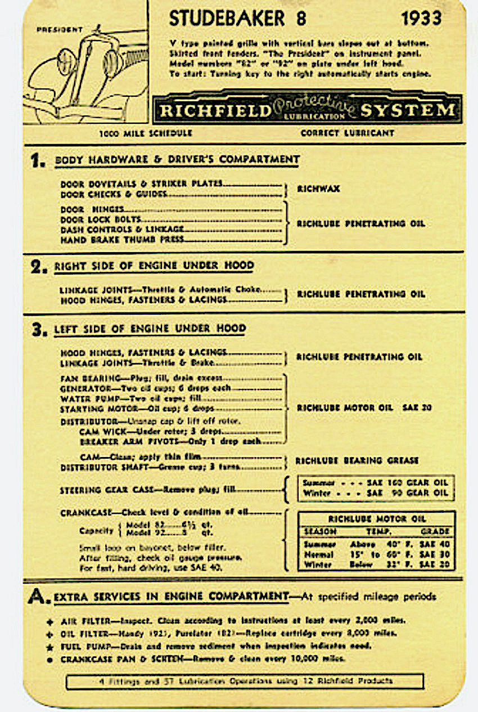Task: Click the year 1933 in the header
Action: click(x=421, y=19)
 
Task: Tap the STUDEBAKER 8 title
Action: click(x=237, y=19)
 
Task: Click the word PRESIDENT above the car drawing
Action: click(x=60, y=30)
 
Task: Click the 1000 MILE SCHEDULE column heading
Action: click(x=146, y=133)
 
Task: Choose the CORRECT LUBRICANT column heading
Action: click(x=347, y=133)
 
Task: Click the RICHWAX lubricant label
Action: click(x=318, y=189)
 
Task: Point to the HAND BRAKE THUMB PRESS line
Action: click(x=122, y=240)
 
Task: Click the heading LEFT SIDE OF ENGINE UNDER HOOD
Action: click(x=150, y=328)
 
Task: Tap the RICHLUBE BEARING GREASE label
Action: click(x=357, y=460)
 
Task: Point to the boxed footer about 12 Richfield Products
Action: click(x=244, y=682)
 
